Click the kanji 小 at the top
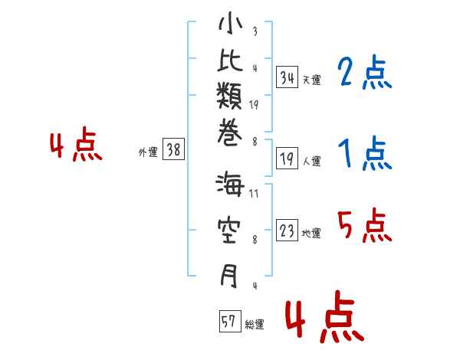[231, 24]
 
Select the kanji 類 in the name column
[229, 96]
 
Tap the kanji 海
[230, 185]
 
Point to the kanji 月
[229, 275]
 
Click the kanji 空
[229, 231]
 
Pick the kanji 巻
[230, 133]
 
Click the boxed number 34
[287, 77]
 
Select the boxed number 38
[174, 149]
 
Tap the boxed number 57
[230, 321]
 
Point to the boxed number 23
[287, 230]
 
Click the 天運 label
[312, 80]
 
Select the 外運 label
[148, 152]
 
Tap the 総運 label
[255, 325]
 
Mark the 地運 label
[311, 234]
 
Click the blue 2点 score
[364, 72]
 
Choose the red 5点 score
[364, 225]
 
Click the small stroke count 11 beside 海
[254, 194]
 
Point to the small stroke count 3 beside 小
[255, 31]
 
